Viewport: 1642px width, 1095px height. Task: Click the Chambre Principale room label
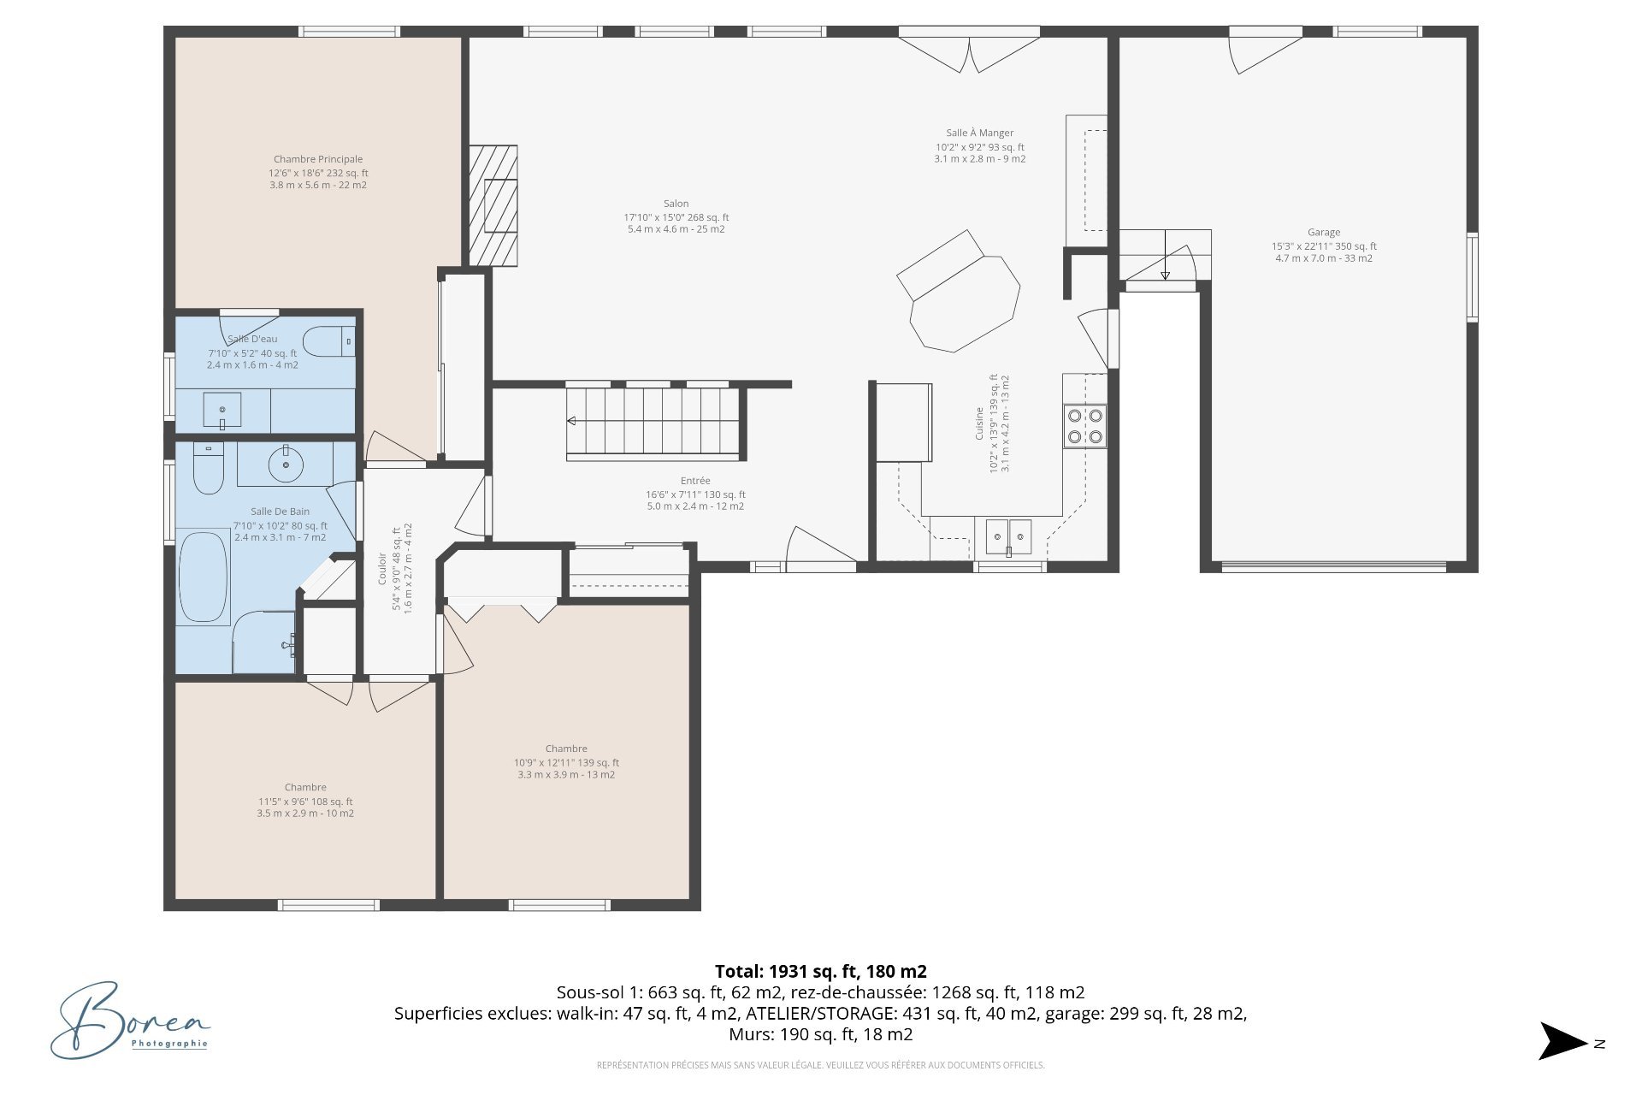click(x=318, y=159)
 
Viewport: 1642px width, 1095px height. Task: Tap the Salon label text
click(x=676, y=204)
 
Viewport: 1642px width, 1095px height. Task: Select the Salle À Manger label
click(x=980, y=133)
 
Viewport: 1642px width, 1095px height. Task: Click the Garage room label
click(x=1323, y=232)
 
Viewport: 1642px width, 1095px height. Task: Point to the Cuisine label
click(x=980, y=423)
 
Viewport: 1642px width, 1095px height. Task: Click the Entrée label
click(x=695, y=481)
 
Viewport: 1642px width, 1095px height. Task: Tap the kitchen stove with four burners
click(x=1084, y=426)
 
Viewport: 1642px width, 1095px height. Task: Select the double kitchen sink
click(x=1008, y=536)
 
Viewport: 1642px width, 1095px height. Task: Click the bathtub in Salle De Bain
click(x=203, y=577)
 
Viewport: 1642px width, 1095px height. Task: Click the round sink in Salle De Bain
click(x=285, y=465)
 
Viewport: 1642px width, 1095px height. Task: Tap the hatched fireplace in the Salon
click(x=493, y=206)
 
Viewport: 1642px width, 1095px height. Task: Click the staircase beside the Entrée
click(x=652, y=421)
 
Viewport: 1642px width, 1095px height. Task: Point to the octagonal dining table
click(x=965, y=304)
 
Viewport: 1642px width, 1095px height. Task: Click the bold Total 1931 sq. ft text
click(x=820, y=971)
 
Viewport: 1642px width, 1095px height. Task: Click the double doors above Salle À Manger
click(x=969, y=50)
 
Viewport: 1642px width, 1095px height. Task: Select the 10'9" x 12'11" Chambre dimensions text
click(x=566, y=762)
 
